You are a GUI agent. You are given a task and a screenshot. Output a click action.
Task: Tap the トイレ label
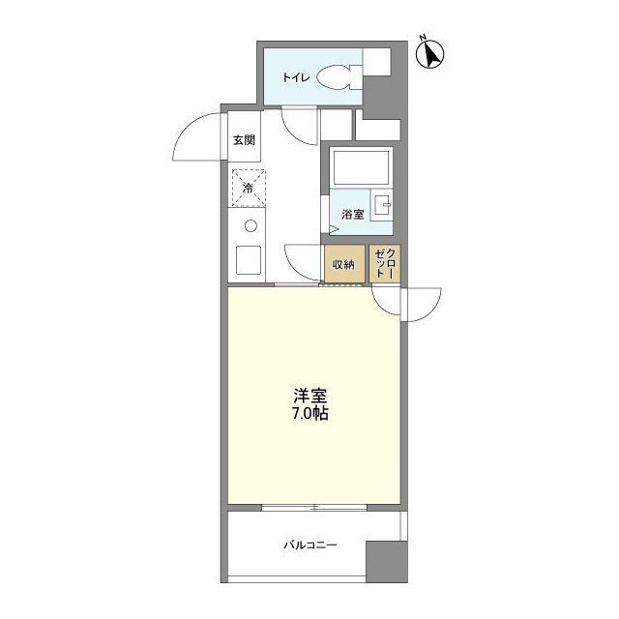[x=295, y=78]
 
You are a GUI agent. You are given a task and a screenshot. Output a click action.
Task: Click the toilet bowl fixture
[x=337, y=78]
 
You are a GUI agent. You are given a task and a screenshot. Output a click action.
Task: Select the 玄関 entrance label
[x=243, y=140]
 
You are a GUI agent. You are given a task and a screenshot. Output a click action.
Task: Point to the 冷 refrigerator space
[x=247, y=188]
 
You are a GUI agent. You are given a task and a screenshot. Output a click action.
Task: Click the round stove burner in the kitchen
[x=250, y=228]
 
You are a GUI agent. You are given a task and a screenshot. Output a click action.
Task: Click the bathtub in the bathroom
[x=360, y=170]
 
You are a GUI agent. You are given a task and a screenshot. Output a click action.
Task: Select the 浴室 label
[x=352, y=215]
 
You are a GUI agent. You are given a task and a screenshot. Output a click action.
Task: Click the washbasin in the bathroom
[x=384, y=206]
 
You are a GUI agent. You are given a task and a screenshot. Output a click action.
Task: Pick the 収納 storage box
[x=344, y=264]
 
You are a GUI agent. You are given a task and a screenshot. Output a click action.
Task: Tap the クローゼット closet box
[x=385, y=264]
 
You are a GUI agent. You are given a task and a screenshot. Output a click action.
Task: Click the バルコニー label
[x=309, y=545]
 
